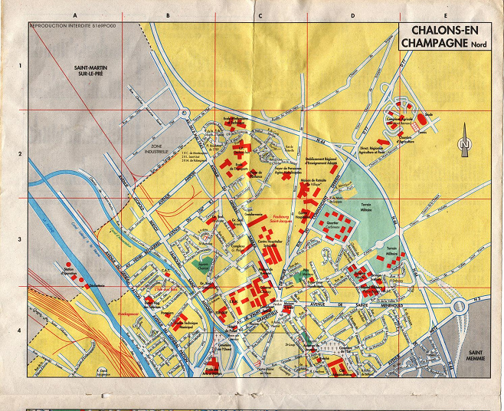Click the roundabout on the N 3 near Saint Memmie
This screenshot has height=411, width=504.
[459, 307]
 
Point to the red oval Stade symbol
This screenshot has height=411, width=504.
[421, 120]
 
